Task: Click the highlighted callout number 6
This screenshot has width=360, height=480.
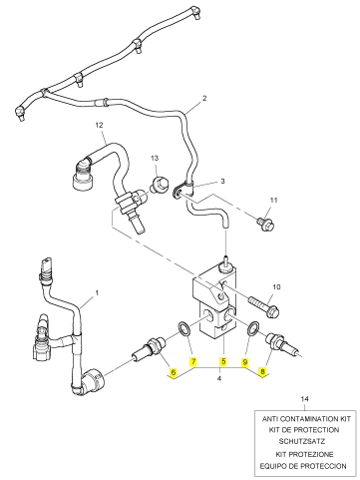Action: click(x=173, y=372)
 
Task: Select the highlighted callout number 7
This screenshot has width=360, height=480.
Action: click(x=192, y=361)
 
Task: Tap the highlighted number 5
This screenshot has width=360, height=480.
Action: click(x=223, y=361)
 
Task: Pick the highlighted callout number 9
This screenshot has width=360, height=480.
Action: click(x=245, y=361)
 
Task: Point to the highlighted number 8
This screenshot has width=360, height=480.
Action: click(x=263, y=372)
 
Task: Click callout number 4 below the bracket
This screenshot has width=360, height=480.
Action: click(x=219, y=378)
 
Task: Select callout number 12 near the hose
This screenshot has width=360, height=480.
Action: click(x=99, y=125)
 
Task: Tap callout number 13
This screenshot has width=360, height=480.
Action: click(x=155, y=158)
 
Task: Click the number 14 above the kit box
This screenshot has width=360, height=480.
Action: click(x=304, y=398)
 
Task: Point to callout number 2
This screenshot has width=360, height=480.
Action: click(x=204, y=98)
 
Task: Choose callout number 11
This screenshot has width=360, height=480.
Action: click(x=273, y=201)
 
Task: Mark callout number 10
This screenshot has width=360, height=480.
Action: click(x=276, y=286)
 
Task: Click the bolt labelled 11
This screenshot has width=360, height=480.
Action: click(x=265, y=224)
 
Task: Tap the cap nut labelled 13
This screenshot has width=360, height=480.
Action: click(x=158, y=185)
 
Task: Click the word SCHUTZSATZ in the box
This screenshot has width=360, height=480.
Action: click(x=302, y=442)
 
